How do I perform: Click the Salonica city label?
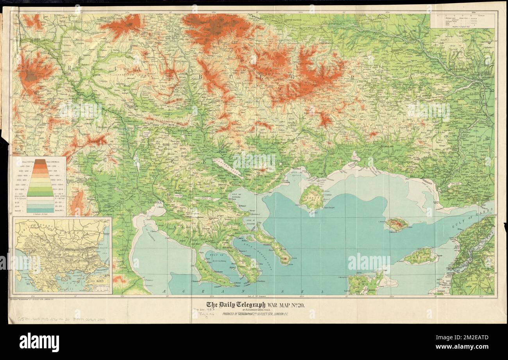(154, 202)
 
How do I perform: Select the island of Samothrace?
(396, 225)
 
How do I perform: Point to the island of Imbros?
(420, 256)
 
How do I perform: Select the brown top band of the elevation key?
(40, 161)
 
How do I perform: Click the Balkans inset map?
(63, 255)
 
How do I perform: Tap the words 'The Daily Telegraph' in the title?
(236, 305)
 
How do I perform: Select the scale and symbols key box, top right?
(463, 20)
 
